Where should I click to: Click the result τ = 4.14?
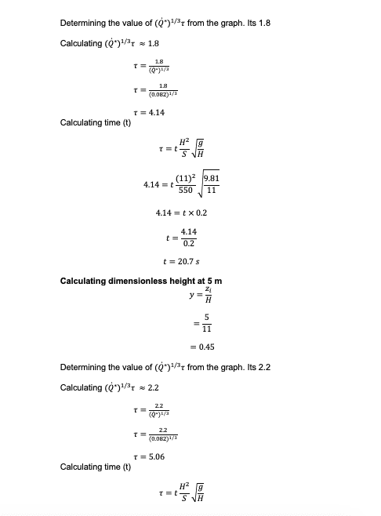tap(151, 112)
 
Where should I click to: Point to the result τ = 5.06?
tap(151, 456)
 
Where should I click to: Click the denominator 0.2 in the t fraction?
tap(189, 244)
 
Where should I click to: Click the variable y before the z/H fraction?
tap(190, 296)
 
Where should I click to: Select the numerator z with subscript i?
tap(208, 289)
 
